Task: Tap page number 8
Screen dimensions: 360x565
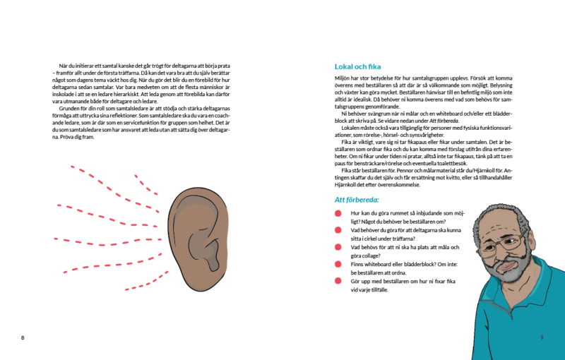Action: (23, 337)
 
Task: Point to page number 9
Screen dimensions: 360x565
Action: (542, 337)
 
